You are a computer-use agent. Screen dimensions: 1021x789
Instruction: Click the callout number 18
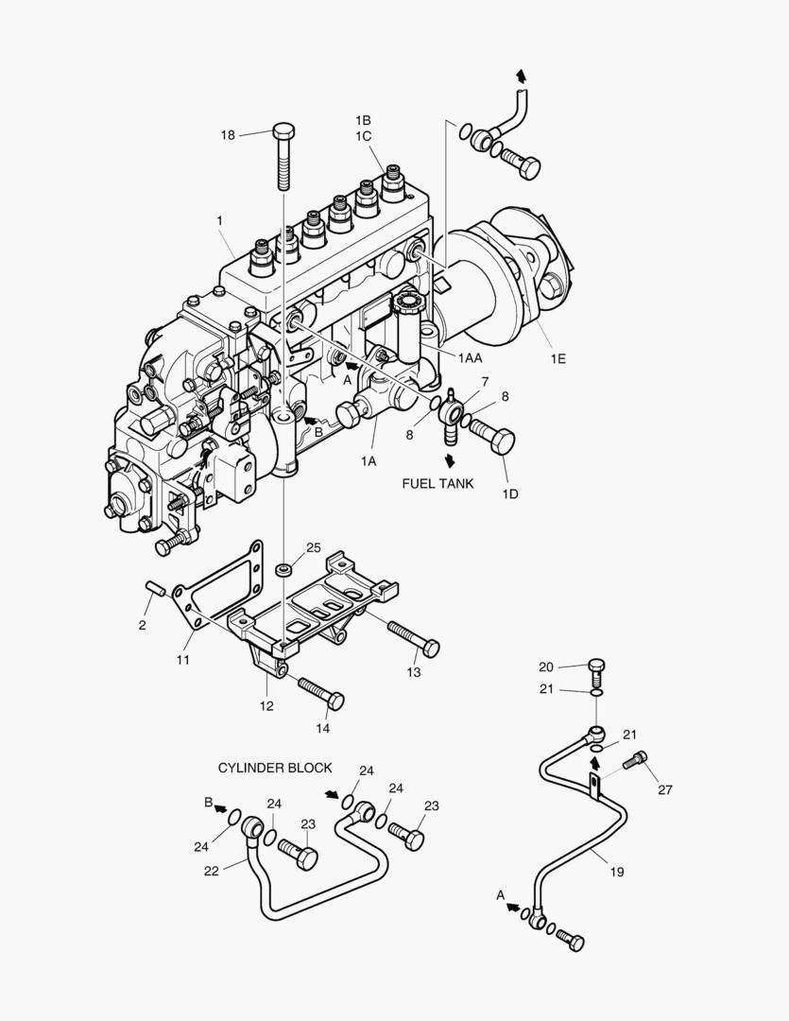pos(228,135)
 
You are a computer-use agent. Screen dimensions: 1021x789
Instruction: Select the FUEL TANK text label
pos(437,484)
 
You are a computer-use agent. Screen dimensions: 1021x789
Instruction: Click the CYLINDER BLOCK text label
pos(275,768)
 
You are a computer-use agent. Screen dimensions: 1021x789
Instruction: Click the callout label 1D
pos(510,493)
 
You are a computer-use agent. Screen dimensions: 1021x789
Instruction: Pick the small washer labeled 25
pos(283,570)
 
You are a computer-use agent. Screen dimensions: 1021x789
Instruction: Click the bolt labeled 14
pos(320,692)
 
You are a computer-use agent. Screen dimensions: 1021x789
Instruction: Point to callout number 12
pos(266,705)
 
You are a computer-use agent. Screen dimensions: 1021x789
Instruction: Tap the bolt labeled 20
pos(596,670)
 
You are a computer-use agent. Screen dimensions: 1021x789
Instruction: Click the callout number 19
pos(616,872)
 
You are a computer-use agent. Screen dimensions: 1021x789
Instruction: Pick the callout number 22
pos(212,871)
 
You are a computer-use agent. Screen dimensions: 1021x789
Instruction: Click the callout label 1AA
pos(472,359)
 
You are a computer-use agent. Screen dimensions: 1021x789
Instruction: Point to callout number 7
pos(485,381)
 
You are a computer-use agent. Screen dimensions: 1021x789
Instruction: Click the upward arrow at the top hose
pos(520,76)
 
